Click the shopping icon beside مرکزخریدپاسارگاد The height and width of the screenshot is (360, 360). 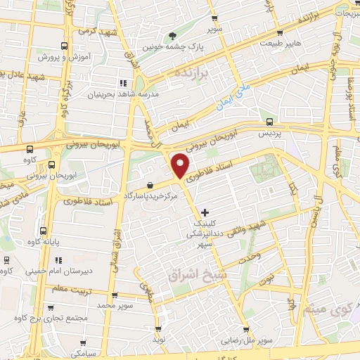[x=150, y=186]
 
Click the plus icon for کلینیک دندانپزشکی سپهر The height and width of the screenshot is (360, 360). [x=205, y=212]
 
